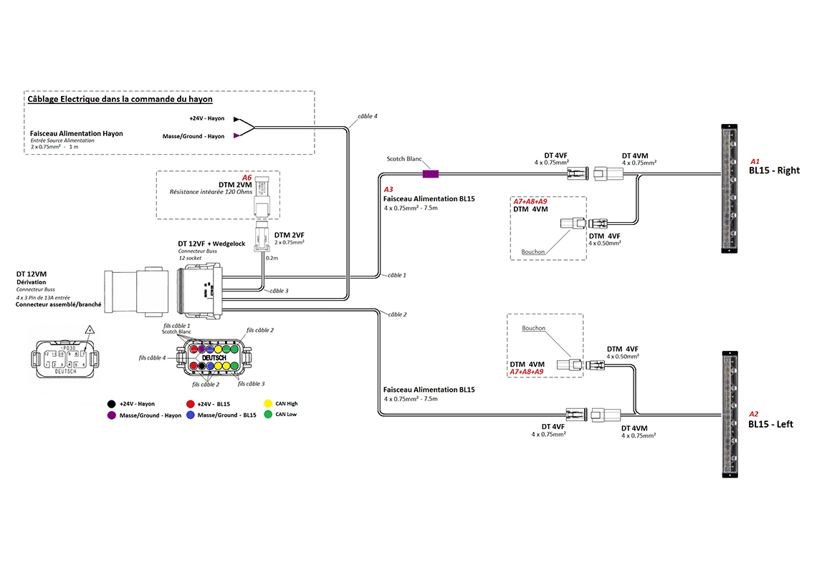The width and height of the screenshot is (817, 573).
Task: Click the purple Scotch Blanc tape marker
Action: coord(430,173)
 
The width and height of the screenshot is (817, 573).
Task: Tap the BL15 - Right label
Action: coord(773,170)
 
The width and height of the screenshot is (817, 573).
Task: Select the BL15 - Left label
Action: coord(770,424)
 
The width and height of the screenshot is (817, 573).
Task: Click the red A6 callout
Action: coord(247,177)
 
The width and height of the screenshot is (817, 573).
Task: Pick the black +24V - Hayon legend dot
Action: coord(111,404)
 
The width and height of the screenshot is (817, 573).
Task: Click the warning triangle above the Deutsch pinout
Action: coord(90,331)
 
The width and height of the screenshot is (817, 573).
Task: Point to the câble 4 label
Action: coord(367,115)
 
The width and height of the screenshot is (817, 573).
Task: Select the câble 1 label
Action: coord(397,275)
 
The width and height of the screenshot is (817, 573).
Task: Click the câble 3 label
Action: coord(279,291)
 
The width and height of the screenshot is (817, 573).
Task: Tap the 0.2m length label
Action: coord(272,257)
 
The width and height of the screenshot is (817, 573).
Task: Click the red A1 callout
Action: coord(755,161)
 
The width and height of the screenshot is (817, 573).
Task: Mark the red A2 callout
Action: coord(753,414)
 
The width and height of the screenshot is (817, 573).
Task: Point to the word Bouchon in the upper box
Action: coord(533,252)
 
